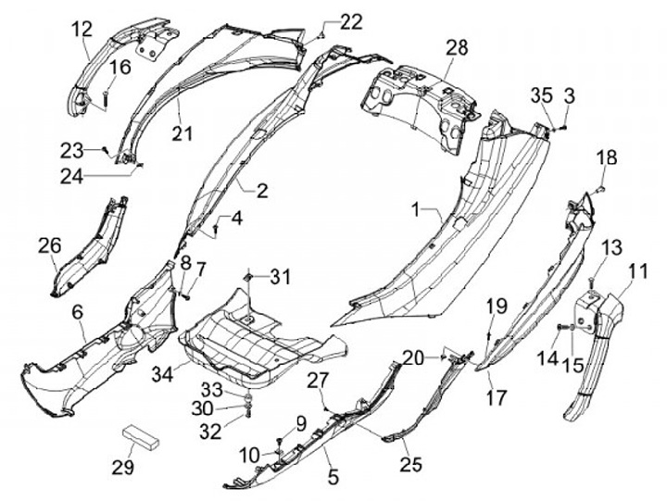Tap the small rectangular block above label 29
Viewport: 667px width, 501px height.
[x=145, y=434]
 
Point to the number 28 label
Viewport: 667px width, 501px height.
[x=457, y=47]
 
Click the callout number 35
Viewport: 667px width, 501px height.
[x=542, y=94]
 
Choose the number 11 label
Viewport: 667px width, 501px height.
[x=636, y=271]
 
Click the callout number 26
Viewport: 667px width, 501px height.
[x=50, y=245]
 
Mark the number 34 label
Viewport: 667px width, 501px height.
[x=164, y=374]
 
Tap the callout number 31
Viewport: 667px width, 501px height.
[x=280, y=276]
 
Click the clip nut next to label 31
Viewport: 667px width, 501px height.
[x=249, y=277]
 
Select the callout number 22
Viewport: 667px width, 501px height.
[x=326, y=21]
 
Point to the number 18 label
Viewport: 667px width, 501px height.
[x=606, y=158]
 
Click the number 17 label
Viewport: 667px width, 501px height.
[x=497, y=398]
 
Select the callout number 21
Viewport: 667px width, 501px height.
[x=182, y=133]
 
